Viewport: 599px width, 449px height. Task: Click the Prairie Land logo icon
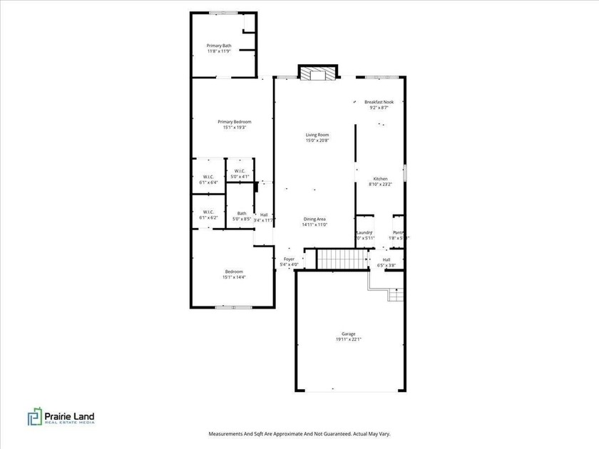click(35, 417)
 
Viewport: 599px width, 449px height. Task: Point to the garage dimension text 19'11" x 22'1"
click(348, 340)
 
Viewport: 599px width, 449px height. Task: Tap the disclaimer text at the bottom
click(299, 433)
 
